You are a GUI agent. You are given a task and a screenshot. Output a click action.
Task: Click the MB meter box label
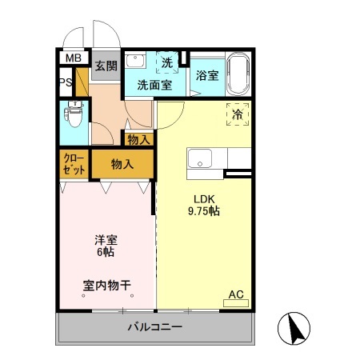pyautogui.click(x=73, y=58)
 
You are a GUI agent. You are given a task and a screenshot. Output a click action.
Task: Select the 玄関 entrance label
pyautogui.click(x=106, y=66)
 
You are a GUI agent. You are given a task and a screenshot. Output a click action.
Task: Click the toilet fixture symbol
pyautogui.click(x=75, y=117)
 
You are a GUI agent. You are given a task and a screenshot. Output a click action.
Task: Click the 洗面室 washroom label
pyautogui.click(x=154, y=84)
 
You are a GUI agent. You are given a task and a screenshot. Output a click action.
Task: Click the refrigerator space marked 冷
pyautogui.click(x=238, y=115)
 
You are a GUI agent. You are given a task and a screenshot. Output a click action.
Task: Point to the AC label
pyautogui.click(x=236, y=294)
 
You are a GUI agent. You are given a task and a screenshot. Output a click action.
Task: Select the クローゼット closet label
pyautogui.click(x=74, y=164)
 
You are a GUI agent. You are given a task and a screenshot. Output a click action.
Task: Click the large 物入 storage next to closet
pyautogui.click(x=122, y=164)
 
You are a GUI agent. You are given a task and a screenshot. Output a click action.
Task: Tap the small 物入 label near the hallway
pyautogui.click(x=138, y=139)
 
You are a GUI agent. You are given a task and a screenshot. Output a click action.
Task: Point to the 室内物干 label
pyautogui.click(x=106, y=285)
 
